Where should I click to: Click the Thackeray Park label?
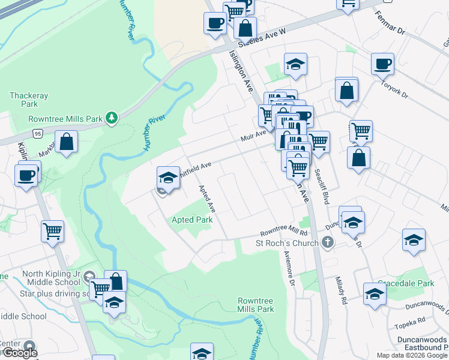pos(29,100)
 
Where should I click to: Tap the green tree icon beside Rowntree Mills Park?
pos(111,118)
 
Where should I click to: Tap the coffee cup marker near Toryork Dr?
pos(382,63)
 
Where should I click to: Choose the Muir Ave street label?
pos(253,137)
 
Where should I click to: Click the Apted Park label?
pos(192,220)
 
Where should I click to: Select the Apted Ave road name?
pos(207,199)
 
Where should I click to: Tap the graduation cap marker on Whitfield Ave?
pos(169,177)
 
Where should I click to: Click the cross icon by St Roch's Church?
pos(327,242)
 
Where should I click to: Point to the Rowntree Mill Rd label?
pos(283,233)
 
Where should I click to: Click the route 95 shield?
pos(38,133)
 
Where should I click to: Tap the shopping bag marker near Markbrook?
pos(67,142)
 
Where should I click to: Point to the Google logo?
pos(19,353)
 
